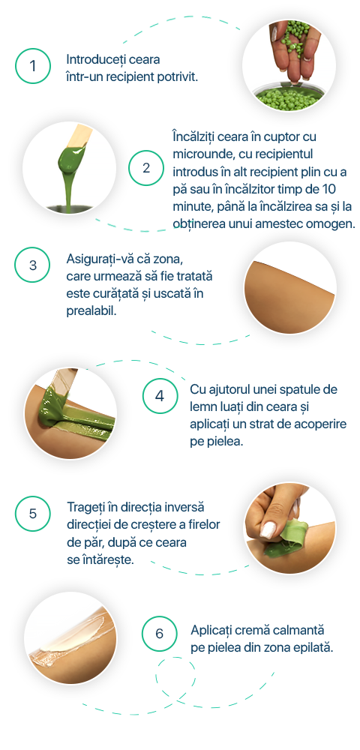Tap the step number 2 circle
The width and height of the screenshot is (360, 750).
pyautogui.click(x=145, y=168)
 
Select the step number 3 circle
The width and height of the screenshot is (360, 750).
pyautogui.click(x=32, y=265)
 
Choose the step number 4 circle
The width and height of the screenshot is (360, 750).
pyautogui.click(x=160, y=396)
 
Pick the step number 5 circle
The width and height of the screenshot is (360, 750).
pyautogui.click(x=32, y=514)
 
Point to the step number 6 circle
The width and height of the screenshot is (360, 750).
pyautogui.click(x=160, y=633)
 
